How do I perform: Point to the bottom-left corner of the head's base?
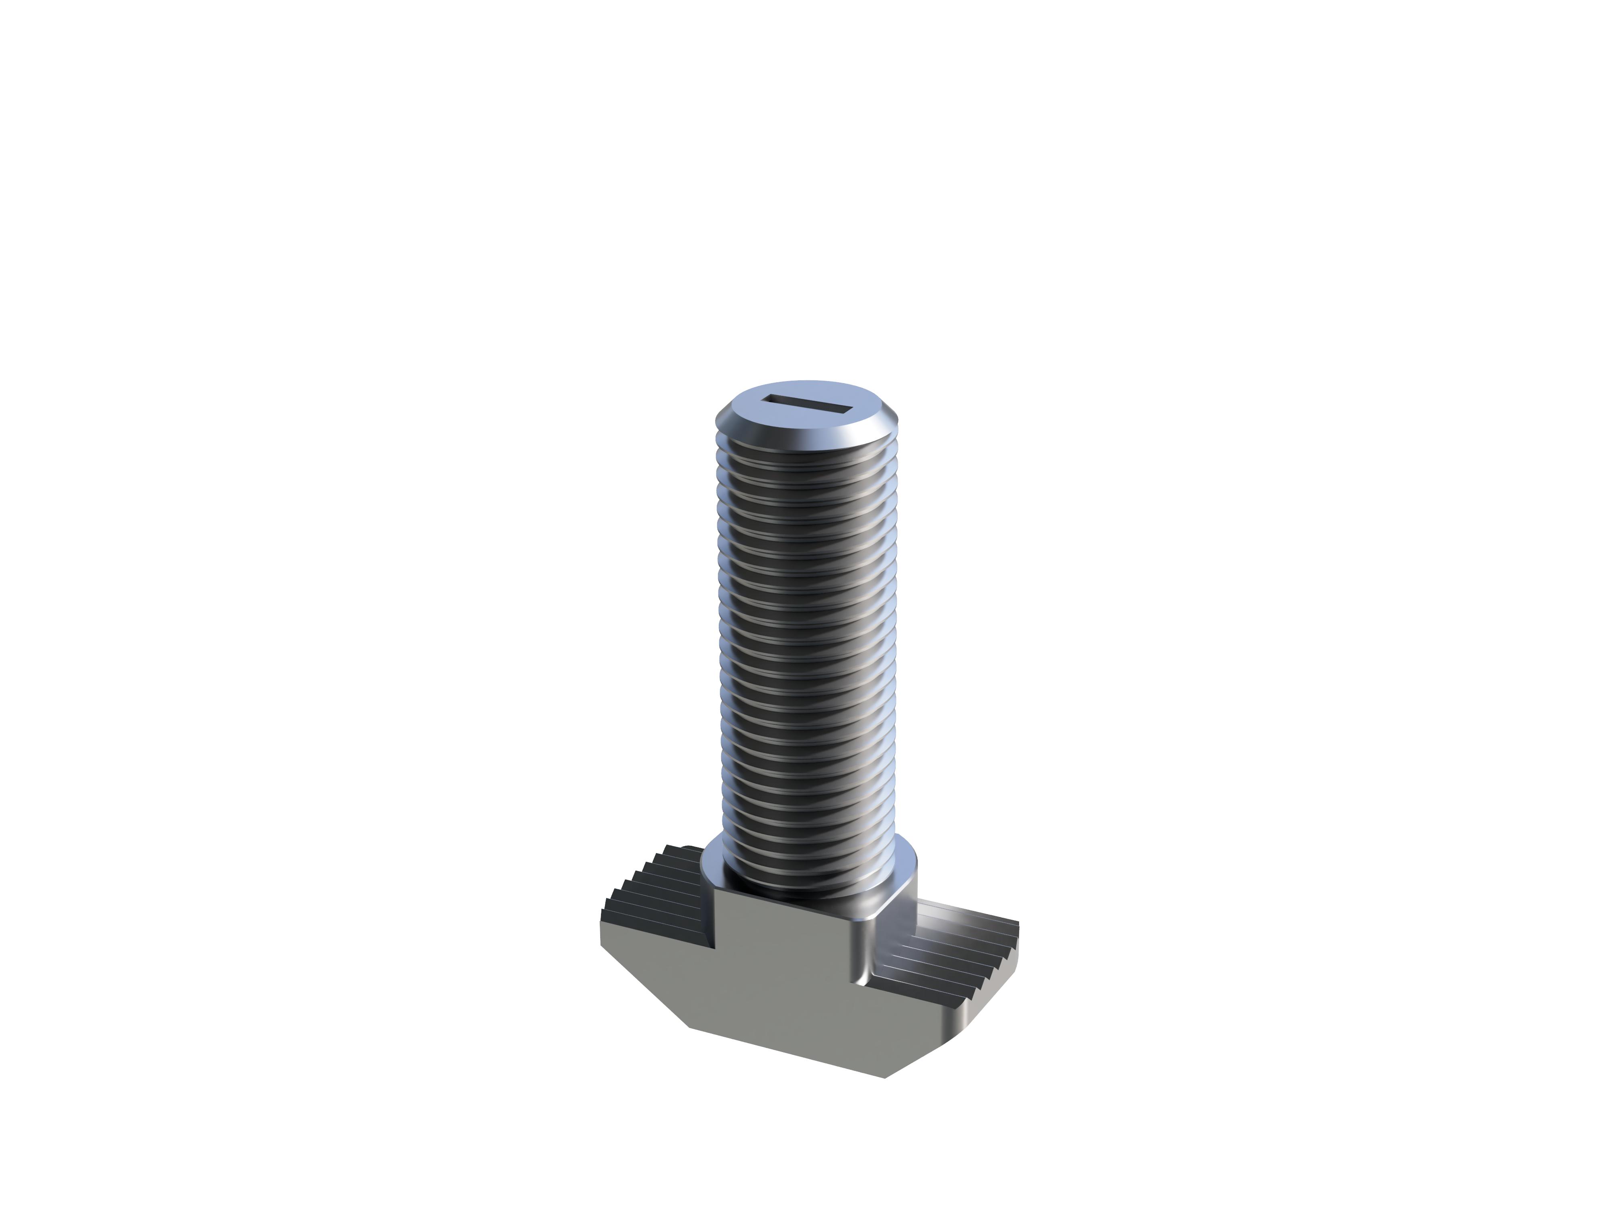[689, 1027]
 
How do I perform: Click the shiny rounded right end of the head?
[967, 1018]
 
